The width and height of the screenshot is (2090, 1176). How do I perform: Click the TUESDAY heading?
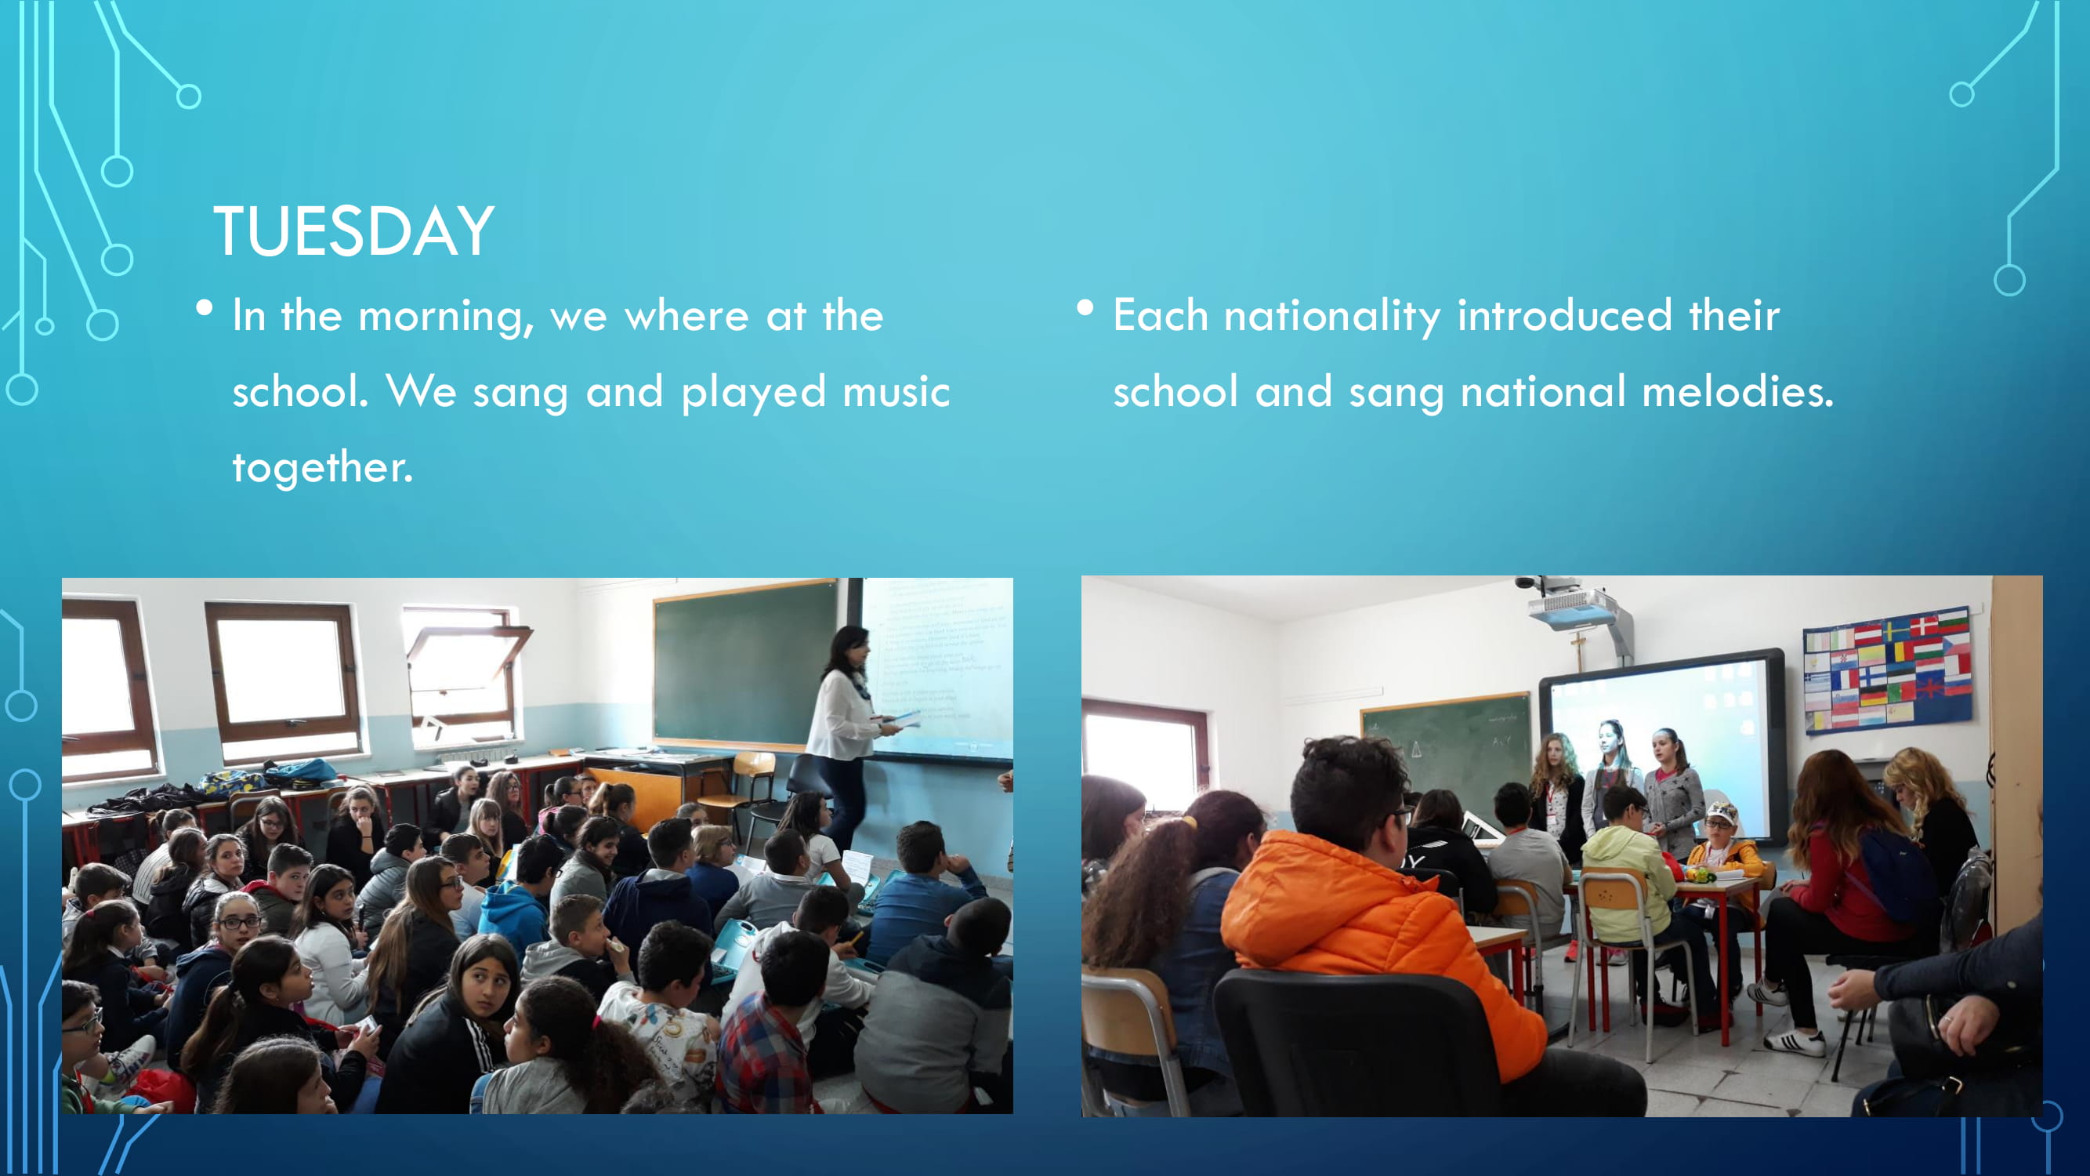click(x=353, y=231)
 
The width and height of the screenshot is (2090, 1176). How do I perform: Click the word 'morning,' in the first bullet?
click(x=446, y=318)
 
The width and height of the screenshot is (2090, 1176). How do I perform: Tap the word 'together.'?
click(x=323, y=468)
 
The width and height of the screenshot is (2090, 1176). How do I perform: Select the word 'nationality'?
click(x=1332, y=318)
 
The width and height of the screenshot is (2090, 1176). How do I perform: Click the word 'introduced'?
click(x=1565, y=316)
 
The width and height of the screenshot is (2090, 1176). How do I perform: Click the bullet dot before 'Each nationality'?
click(x=1085, y=307)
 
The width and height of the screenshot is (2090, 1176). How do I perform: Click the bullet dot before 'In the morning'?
click(x=205, y=307)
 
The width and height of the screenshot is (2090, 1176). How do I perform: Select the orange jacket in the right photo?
click(x=1379, y=938)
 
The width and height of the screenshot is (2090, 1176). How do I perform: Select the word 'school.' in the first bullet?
click(x=301, y=392)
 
